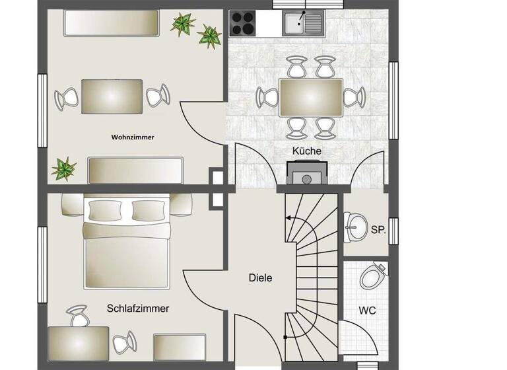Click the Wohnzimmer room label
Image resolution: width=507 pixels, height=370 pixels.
133,137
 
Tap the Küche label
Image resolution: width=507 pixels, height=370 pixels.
307,151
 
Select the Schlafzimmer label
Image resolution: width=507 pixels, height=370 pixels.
138,309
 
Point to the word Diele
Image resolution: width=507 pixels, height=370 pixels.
260,278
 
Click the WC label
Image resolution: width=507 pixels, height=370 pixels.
367,310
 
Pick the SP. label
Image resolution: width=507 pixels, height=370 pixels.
378,229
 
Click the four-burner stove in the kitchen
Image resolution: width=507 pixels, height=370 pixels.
244,23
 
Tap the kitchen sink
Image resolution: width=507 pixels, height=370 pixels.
304,24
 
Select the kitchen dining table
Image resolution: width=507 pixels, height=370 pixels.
310,97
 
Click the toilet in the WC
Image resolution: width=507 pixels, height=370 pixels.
374,276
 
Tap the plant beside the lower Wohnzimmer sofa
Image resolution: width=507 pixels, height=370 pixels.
64,168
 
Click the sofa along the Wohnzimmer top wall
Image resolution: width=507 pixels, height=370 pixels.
111,24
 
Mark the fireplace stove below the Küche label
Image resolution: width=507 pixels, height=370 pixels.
305,174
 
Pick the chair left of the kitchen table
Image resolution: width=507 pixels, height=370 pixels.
267,97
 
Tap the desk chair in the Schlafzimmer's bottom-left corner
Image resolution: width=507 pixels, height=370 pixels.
79,316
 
